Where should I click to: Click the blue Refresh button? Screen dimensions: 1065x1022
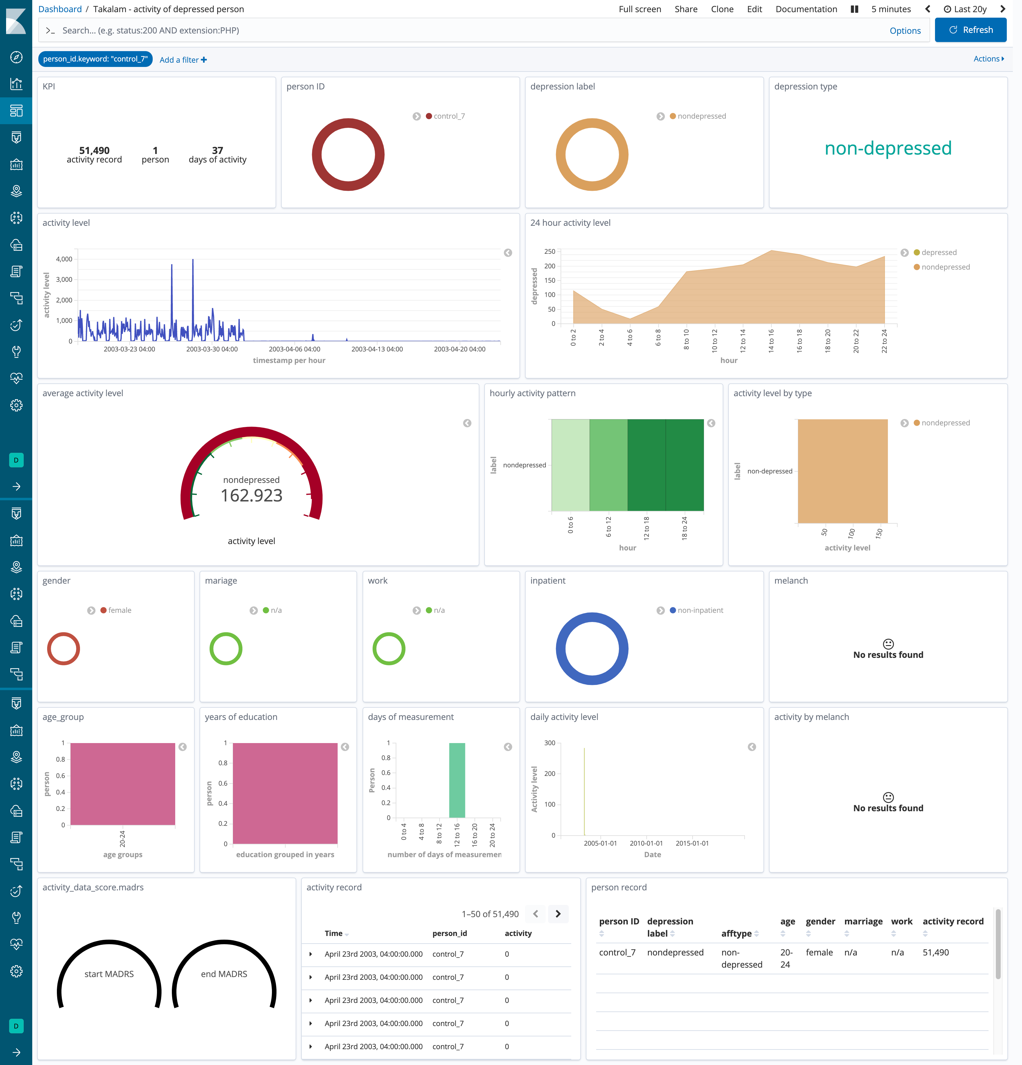[x=970, y=30]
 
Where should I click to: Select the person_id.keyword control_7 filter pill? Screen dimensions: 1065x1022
[x=95, y=59]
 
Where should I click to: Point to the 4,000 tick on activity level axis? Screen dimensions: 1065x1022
[x=64, y=259]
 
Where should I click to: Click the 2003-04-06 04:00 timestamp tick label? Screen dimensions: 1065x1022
[x=294, y=349]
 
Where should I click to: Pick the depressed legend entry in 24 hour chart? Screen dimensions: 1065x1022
[x=938, y=253]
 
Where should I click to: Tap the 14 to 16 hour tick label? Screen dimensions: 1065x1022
[x=771, y=341]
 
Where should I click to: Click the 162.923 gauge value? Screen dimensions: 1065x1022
[x=252, y=496]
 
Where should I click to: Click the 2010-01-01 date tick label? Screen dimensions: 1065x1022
[x=646, y=843]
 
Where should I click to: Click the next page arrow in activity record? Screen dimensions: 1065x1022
[x=558, y=914]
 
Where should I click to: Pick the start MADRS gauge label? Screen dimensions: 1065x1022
[x=109, y=974]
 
